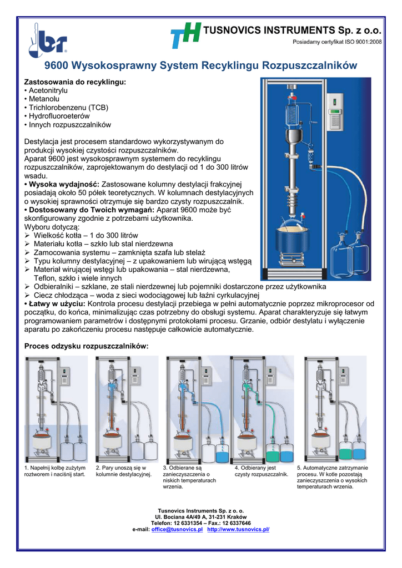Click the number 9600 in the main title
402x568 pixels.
pyautogui.click(x=56, y=65)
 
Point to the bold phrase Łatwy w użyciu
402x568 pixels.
pyautogui.click(x=55, y=304)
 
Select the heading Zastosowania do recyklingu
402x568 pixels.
pyautogui.click(x=76, y=82)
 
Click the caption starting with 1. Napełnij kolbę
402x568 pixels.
pyautogui.click(x=55, y=471)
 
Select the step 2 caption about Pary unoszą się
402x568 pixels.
pyautogui.click(x=123, y=471)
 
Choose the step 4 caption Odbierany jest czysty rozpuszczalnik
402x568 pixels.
pyautogui.click(x=261, y=471)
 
